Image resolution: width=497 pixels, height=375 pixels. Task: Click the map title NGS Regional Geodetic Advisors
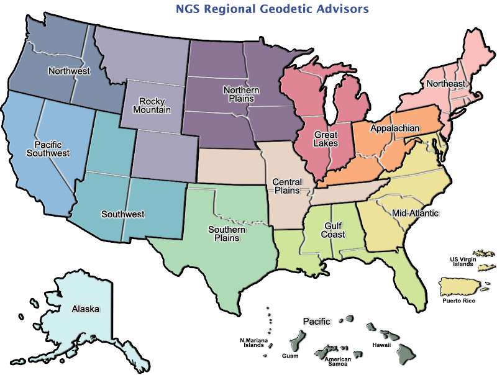click(x=265, y=9)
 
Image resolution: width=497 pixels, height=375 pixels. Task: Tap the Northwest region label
click(x=68, y=71)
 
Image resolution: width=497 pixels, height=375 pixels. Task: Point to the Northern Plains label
click(x=241, y=95)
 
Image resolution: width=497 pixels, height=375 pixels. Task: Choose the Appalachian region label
click(x=394, y=129)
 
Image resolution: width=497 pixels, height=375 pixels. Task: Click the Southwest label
click(x=122, y=214)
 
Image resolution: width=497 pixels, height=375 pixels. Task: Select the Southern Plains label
click(x=227, y=234)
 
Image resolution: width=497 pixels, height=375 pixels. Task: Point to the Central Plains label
click(x=286, y=186)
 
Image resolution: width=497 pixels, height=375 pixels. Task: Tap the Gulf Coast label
click(x=334, y=230)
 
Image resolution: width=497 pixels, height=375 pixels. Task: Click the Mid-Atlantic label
click(x=415, y=213)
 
